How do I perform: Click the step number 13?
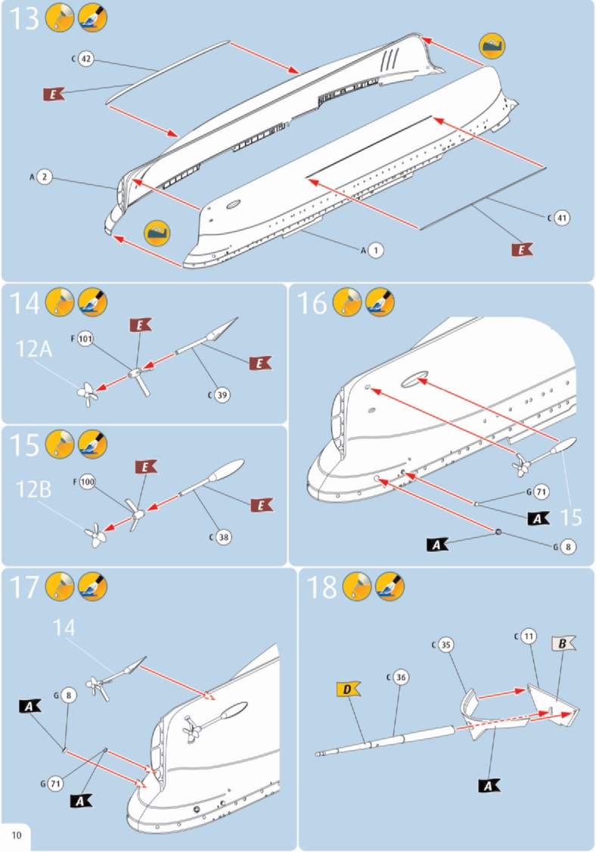pos(22,18)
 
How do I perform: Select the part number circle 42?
pos(85,59)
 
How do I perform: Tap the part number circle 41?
pos(560,218)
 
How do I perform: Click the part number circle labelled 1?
pos(376,249)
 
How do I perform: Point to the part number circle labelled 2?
pos(45,177)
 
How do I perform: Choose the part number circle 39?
pos(222,394)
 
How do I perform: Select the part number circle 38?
pos(223,537)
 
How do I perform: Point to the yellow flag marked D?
pos(346,689)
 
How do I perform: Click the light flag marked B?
pos(563,644)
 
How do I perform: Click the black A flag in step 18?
pos(489,785)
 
